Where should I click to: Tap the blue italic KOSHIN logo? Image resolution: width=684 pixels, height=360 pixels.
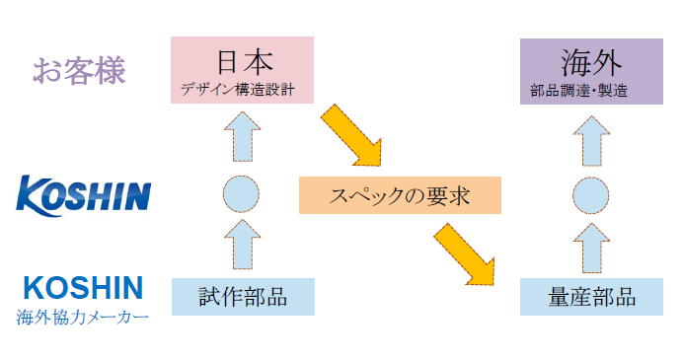point(84,193)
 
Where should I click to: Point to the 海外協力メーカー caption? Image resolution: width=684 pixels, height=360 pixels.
point(83,318)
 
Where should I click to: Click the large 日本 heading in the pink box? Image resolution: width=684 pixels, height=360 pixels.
point(242,60)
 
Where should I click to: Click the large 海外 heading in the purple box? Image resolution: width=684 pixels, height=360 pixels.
point(590,60)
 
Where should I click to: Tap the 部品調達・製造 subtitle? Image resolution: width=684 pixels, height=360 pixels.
point(590,90)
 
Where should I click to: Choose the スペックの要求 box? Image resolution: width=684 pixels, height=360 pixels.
point(400,195)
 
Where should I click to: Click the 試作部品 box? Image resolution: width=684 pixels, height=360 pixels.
point(242,297)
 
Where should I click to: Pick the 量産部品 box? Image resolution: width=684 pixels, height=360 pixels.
point(590,297)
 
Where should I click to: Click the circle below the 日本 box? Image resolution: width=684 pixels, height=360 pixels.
point(242,193)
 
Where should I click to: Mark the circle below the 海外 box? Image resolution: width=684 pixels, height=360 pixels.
point(590,193)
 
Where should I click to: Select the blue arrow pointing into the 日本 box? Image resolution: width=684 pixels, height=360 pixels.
point(242,136)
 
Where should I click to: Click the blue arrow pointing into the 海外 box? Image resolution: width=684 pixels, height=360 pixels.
point(590,136)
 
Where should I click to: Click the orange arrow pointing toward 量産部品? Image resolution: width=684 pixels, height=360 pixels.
point(466,251)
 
